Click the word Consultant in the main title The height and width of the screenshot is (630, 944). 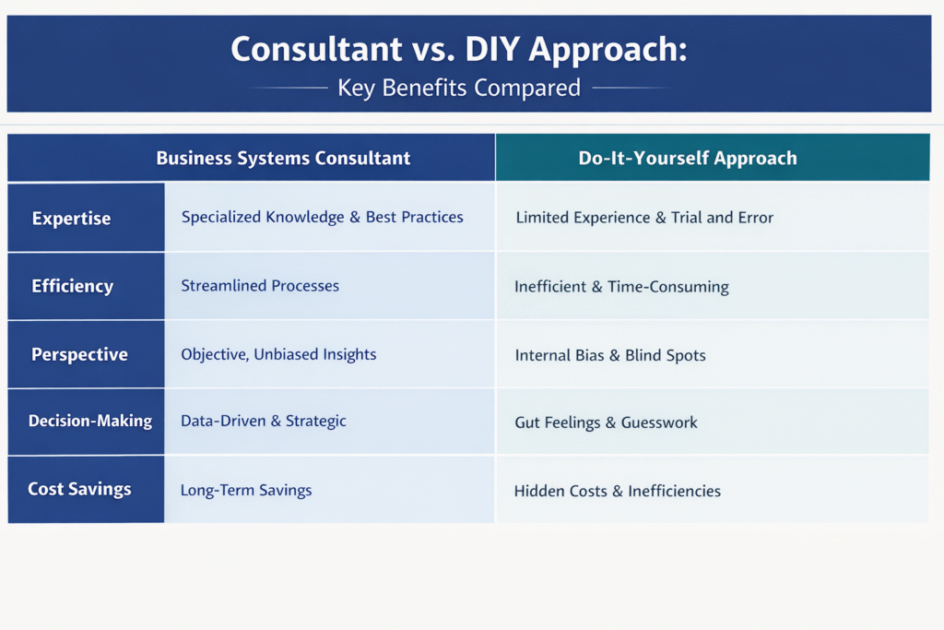pyautogui.click(x=317, y=49)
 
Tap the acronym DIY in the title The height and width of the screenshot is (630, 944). pyautogui.click(x=492, y=49)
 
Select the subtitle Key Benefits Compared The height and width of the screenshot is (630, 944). pyautogui.click(x=459, y=88)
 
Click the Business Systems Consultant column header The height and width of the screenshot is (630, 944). pyautogui.click(x=283, y=158)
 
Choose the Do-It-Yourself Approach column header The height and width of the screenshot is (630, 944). pyautogui.click(x=688, y=158)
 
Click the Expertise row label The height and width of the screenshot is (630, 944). pyautogui.click(x=71, y=218)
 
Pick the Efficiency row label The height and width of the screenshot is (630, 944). pyautogui.click(x=72, y=286)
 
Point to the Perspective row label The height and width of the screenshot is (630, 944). pyautogui.click(x=79, y=354)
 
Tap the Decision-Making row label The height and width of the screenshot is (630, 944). pyautogui.click(x=90, y=421)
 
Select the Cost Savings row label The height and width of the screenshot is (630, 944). pyautogui.click(x=79, y=489)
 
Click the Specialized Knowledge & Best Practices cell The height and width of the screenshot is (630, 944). pyautogui.click(x=322, y=217)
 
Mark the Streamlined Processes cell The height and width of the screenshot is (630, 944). pyautogui.click(x=260, y=286)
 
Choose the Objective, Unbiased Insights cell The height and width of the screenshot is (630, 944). pyautogui.click(x=278, y=354)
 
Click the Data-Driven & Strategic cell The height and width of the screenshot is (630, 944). pyautogui.click(x=263, y=421)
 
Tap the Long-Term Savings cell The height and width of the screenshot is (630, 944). pyautogui.click(x=246, y=490)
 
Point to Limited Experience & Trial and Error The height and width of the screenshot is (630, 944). pyautogui.click(x=644, y=218)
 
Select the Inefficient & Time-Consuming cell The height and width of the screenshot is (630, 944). pyautogui.click(x=621, y=287)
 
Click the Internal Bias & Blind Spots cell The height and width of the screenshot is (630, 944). pyautogui.click(x=610, y=355)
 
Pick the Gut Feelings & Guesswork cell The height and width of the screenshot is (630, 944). pyautogui.click(x=606, y=422)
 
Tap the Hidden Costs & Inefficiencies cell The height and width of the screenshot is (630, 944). pyautogui.click(x=617, y=491)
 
